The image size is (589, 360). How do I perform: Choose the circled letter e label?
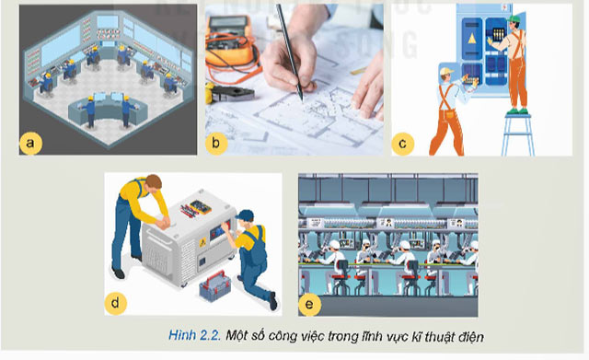tap(310, 301)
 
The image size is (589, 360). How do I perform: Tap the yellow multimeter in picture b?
tap(231, 41)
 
